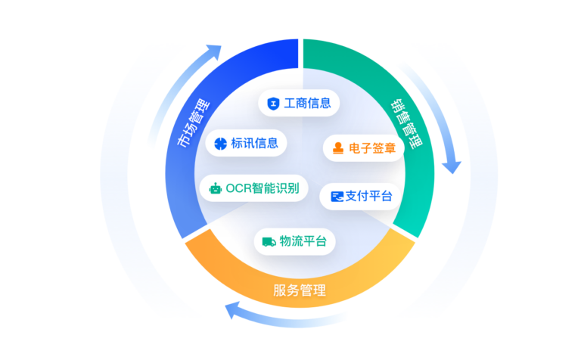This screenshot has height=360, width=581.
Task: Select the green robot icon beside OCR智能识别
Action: point(216,188)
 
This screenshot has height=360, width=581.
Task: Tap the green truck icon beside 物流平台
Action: point(269,242)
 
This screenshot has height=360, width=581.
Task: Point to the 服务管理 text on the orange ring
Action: point(299,290)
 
